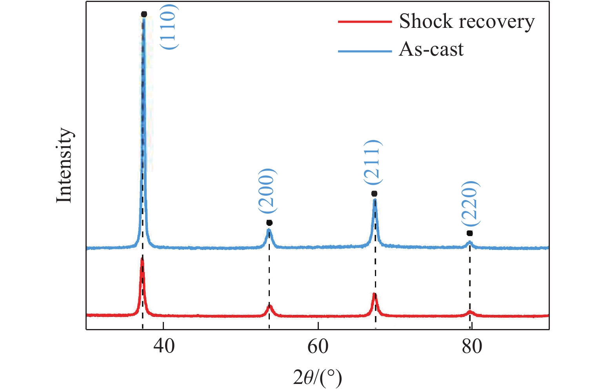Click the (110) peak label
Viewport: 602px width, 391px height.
(169, 27)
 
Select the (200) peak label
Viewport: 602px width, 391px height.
(267, 191)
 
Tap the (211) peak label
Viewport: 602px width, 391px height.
(372, 162)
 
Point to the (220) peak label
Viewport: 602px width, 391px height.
(470, 204)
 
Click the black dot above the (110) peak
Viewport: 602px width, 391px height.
(144, 15)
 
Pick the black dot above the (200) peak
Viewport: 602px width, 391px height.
(269, 223)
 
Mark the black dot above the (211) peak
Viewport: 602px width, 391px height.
(374, 194)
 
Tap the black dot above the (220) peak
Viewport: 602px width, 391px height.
(470, 233)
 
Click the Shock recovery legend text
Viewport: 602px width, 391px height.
(467, 22)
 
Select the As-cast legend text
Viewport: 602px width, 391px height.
(431, 50)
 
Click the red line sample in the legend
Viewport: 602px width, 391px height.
(365, 22)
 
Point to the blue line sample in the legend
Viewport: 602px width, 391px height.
(365, 51)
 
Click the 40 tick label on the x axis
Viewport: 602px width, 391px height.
(164, 347)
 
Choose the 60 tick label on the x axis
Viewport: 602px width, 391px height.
(318, 347)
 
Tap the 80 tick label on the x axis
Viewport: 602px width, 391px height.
(472, 347)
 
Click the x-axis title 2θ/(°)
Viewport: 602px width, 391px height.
(317, 378)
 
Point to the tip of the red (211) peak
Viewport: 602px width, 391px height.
(375, 294)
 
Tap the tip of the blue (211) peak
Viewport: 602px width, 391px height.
(375, 200)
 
